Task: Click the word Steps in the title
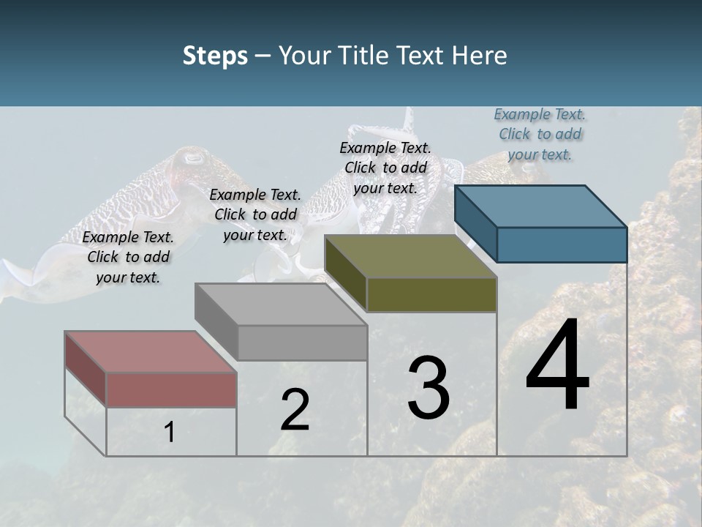tap(215, 56)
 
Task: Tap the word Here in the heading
tap(478, 56)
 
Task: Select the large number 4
tap(557, 366)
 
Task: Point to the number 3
tap(429, 388)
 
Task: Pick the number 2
tap(295, 410)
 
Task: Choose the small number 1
tap(170, 433)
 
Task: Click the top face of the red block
tap(150, 351)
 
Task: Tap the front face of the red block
tap(171, 389)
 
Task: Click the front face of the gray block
tap(302, 343)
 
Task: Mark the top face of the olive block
tap(410, 256)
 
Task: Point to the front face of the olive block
tap(431, 294)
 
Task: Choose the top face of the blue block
tap(540, 206)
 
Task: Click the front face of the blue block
tap(562, 244)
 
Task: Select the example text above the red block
tap(128, 258)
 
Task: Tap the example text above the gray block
tap(255, 214)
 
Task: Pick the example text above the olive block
tap(385, 168)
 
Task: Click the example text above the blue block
tap(540, 134)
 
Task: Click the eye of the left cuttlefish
tap(193, 157)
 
